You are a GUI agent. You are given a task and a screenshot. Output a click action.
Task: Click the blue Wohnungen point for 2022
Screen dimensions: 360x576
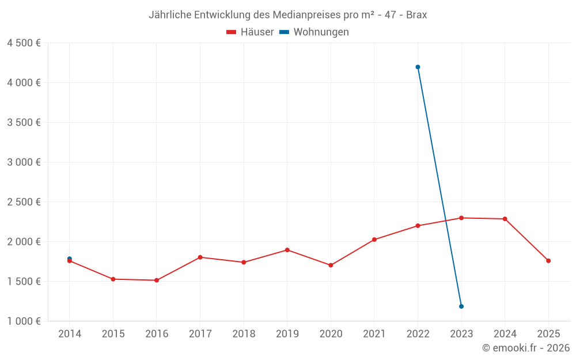(x=418, y=67)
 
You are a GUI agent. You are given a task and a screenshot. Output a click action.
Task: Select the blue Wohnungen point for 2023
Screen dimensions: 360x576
(x=461, y=306)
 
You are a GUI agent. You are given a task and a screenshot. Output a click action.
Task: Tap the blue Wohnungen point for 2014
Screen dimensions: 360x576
(x=70, y=259)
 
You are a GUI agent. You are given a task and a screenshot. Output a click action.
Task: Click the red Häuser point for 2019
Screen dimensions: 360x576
(x=287, y=250)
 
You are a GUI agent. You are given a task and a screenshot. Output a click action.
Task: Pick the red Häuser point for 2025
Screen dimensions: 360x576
(x=548, y=261)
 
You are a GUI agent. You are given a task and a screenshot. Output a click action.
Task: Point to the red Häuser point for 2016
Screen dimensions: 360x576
(x=157, y=280)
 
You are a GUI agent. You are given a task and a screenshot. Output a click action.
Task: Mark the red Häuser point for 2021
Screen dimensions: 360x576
(x=374, y=240)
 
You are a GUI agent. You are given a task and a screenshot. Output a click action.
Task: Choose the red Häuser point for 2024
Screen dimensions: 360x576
(x=505, y=219)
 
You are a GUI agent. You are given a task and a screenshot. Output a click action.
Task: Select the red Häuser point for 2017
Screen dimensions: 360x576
(x=200, y=257)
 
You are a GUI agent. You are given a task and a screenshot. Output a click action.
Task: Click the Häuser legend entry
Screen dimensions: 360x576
(x=251, y=32)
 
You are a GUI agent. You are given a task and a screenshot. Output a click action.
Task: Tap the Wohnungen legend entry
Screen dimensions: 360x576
(x=314, y=32)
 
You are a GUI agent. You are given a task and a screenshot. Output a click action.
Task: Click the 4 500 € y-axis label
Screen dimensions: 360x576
(x=24, y=43)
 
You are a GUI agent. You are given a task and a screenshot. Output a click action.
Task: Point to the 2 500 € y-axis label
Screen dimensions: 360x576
(x=24, y=202)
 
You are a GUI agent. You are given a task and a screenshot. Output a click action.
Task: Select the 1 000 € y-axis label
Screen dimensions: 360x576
(x=24, y=321)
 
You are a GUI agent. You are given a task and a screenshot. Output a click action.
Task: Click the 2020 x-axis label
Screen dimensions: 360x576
(x=331, y=334)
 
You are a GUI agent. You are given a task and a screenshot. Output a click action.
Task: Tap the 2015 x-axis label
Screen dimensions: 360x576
(x=113, y=334)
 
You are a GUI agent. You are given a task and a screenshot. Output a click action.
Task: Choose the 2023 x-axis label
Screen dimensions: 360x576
(x=461, y=334)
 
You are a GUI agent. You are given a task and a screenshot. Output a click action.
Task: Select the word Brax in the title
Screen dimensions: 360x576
(x=416, y=15)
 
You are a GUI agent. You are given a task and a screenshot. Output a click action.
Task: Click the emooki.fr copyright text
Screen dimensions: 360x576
(x=526, y=348)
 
